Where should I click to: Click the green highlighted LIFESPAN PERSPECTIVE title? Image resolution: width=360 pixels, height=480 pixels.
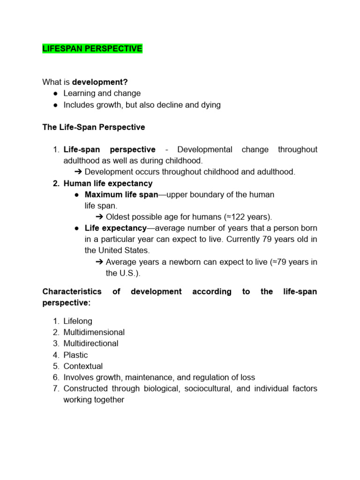pos(92,49)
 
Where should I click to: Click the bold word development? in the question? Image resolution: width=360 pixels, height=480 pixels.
pos(100,82)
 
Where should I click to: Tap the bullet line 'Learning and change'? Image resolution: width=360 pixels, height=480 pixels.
pos(102,93)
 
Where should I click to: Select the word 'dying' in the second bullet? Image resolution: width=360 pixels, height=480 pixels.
pos(210,105)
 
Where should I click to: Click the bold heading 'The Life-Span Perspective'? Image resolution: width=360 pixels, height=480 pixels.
pos(94,127)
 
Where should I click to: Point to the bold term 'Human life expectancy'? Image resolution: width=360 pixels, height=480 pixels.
pos(108,183)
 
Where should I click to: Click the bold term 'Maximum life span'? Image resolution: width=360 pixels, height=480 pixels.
pos(121,195)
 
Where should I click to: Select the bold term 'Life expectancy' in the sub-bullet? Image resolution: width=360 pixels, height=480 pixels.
pos(116,228)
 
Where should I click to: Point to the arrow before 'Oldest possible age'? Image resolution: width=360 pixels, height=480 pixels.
pos(99,217)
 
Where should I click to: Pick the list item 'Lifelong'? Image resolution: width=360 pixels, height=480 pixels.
pos(78,321)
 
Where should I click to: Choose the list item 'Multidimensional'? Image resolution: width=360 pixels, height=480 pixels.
pos(94,332)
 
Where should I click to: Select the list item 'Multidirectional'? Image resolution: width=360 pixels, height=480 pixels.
pos(91,344)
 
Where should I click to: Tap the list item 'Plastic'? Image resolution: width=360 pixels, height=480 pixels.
pos(75,355)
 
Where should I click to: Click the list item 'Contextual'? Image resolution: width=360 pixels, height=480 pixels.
pos(83,366)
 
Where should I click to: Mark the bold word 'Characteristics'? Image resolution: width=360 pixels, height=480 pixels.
pos(72,292)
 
